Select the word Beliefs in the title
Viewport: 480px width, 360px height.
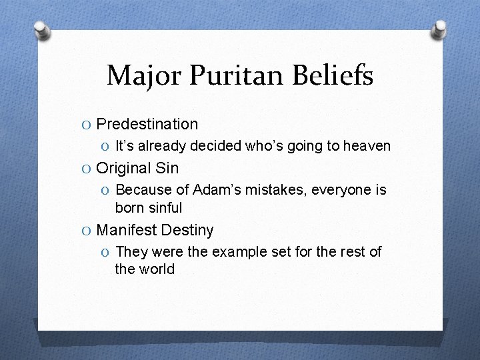click(x=333, y=75)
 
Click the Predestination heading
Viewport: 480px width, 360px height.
click(x=147, y=124)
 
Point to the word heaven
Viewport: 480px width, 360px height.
click(x=367, y=145)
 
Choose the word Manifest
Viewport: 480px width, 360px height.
click(x=126, y=231)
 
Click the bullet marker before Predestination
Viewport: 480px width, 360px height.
click(x=87, y=125)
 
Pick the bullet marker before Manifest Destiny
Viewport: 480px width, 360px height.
click(x=87, y=231)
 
